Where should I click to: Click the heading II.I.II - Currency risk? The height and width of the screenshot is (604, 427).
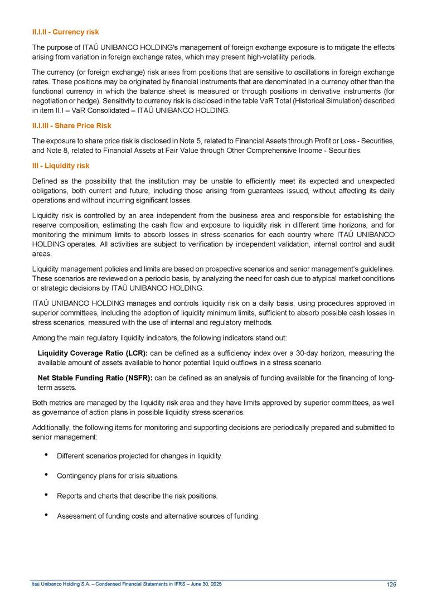[65, 32]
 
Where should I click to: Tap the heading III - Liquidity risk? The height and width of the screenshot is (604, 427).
[60, 166]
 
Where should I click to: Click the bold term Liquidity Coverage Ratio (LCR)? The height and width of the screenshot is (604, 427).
[93, 353]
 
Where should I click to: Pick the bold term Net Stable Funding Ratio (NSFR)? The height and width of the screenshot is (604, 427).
[95, 378]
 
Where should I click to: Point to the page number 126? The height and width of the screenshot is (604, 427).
[391, 584]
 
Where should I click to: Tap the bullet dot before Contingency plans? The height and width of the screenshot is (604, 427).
[45, 476]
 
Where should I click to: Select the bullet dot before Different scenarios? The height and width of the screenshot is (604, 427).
[45, 456]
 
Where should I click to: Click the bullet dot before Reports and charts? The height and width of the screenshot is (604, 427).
[45, 495]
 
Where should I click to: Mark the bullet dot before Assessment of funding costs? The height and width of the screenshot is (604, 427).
[45, 515]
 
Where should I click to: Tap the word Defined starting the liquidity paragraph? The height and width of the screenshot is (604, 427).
[44, 181]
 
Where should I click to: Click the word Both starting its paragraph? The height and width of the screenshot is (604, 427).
[40, 403]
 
